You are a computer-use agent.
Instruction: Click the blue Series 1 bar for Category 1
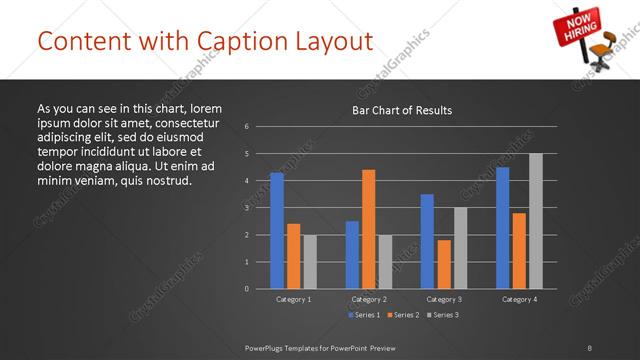click(277, 230)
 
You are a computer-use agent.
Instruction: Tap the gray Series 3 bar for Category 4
click(535, 220)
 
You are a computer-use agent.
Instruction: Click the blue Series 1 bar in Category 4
click(502, 227)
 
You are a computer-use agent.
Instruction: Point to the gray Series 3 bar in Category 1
click(309, 261)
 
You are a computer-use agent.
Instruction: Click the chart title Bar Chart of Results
click(402, 110)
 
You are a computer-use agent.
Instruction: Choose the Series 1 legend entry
click(363, 315)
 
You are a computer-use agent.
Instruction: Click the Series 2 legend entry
click(404, 315)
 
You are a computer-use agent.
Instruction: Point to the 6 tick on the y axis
click(246, 127)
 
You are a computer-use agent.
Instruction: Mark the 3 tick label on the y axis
click(246, 208)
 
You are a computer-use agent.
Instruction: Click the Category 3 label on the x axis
click(444, 299)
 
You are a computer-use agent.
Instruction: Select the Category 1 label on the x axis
click(293, 299)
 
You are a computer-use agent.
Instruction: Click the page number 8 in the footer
click(589, 347)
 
